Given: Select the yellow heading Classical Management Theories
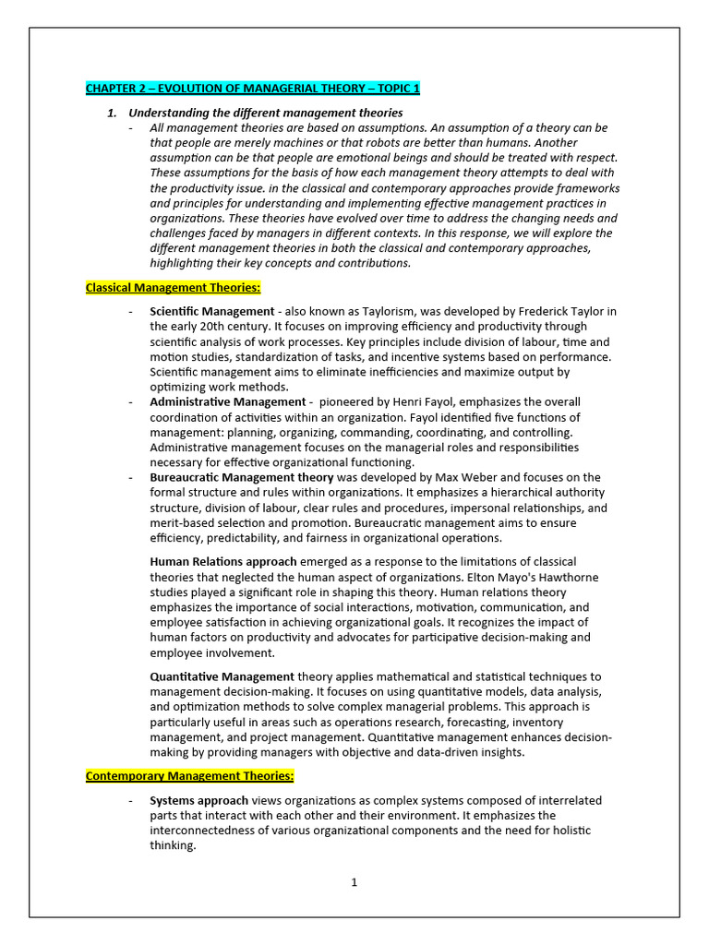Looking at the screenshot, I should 174,288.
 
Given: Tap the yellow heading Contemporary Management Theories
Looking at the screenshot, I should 189,776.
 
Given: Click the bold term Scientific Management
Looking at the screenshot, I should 211,312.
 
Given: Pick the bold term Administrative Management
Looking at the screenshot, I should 227,402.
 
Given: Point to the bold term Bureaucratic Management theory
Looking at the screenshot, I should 241,478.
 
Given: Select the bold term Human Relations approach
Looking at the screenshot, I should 223,562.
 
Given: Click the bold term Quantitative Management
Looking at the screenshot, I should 222,677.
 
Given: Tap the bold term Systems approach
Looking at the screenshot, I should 198,801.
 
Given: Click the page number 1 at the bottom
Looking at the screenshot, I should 354,882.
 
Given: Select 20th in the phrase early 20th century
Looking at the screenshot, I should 195,327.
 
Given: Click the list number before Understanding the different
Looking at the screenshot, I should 112,113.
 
